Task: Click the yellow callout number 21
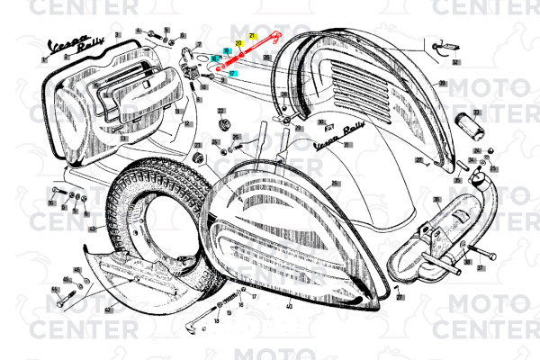[253, 35]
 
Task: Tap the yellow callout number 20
[238, 43]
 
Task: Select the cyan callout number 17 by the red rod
[232, 73]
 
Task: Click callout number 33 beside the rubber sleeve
[477, 112]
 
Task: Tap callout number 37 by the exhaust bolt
[481, 267]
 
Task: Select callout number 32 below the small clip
[455, 62]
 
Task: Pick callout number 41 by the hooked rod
[204, 329]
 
